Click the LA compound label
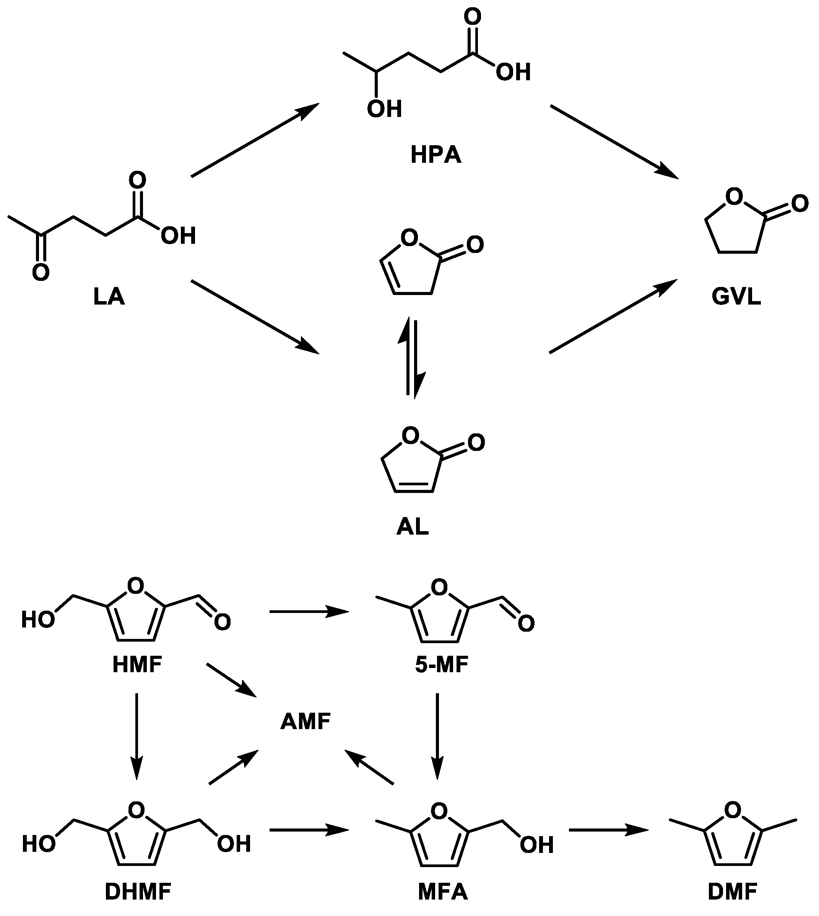(109, 297)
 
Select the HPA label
(435, 155)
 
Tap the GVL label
(736, 297)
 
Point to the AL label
(412, 527)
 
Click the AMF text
(305, 722)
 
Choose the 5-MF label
(442, 665)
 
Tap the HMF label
(137, 665)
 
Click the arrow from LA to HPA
(255, 140)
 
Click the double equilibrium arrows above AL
(410, 358)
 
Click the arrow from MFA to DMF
(608, 830)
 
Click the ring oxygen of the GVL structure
(734, 196)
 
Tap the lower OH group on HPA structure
(384, 109)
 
